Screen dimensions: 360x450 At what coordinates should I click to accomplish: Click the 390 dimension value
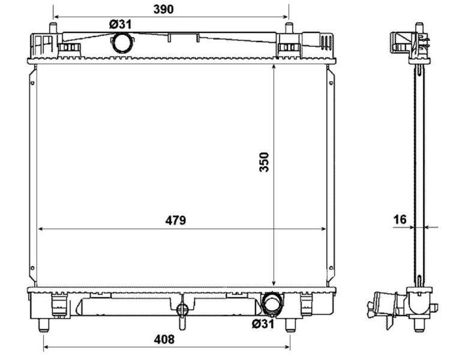163,9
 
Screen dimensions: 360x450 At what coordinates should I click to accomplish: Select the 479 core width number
176,220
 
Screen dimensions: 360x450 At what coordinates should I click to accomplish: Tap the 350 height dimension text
263,162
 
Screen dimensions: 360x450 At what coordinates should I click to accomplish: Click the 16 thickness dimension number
400,220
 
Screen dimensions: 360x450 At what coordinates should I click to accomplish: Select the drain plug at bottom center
184,309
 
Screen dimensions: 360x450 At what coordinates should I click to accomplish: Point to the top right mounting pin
289,29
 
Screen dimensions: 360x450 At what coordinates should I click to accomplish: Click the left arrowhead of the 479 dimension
40,229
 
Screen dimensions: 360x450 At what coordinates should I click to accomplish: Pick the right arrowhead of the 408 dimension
289,347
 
